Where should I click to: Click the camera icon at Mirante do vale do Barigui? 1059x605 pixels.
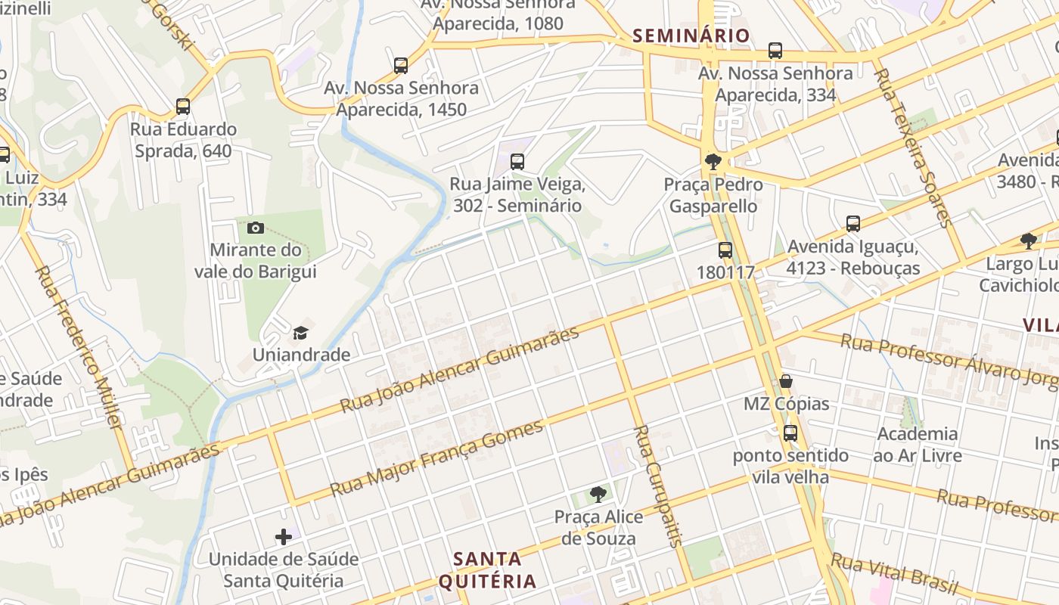pos(256,228)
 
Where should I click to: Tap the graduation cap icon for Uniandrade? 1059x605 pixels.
pos(301,333)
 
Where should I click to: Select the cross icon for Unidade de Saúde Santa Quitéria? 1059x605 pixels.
pos(284,537)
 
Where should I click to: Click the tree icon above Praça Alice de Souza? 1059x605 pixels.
pos(598,495)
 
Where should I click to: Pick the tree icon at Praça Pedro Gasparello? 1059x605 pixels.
pos(713,161)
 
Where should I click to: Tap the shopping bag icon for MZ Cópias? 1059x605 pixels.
pos(787,380)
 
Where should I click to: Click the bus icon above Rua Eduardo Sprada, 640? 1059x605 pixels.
pos(183,107)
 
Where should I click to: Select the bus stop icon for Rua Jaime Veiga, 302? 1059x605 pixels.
pos(517,161)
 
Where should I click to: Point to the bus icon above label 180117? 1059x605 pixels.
pos(725,250)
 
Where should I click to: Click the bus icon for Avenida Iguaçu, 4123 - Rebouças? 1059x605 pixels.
pos(853,224)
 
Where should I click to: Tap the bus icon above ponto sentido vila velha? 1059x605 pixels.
pos(790,433)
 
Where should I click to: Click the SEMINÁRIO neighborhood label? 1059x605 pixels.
pos(691,36)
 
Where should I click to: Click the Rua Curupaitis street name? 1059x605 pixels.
pos(657,484)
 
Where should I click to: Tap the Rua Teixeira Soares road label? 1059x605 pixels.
pos(911,147)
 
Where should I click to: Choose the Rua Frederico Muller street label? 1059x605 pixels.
pos(79,347)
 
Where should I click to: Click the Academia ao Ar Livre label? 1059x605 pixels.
pos(917,445)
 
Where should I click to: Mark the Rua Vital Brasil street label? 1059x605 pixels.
pos(894,575)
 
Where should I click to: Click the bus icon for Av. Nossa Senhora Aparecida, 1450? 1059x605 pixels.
pos(401,66)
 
